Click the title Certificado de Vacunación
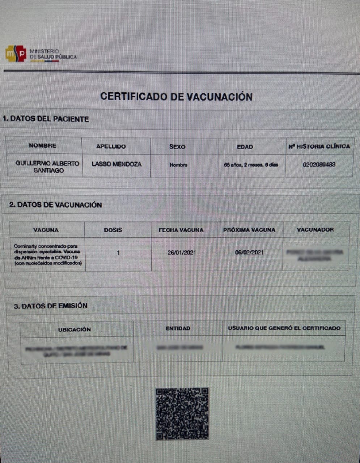176,97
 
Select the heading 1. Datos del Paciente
46,119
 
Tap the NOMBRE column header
43,146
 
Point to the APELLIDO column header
111,146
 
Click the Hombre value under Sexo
179,165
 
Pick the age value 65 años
251,165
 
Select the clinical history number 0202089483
319,165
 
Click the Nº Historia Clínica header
319,146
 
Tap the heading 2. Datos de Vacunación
55,205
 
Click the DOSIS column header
113,230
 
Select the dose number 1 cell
118,253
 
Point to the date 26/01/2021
181,252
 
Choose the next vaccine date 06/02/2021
249,252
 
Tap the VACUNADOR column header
315,230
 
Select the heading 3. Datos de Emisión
51,306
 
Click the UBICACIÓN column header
75,330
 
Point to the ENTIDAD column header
178,328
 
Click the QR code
182,414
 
